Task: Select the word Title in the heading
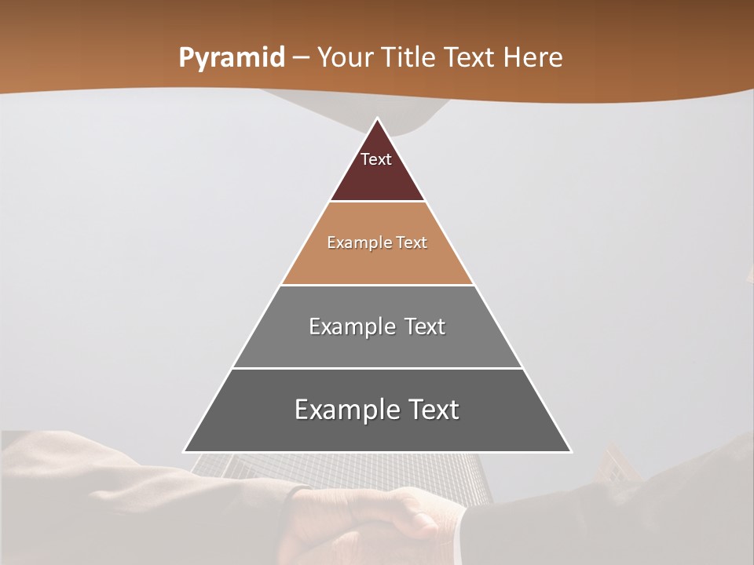click(x=410, y=58)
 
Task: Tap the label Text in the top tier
click(x=376, y=159)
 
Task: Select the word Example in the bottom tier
click(x=346, y=410)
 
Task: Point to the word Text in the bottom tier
click(x=432, y=410)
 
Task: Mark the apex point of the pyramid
click(x=378, y=119)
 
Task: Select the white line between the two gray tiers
click(x=377, y=368)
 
